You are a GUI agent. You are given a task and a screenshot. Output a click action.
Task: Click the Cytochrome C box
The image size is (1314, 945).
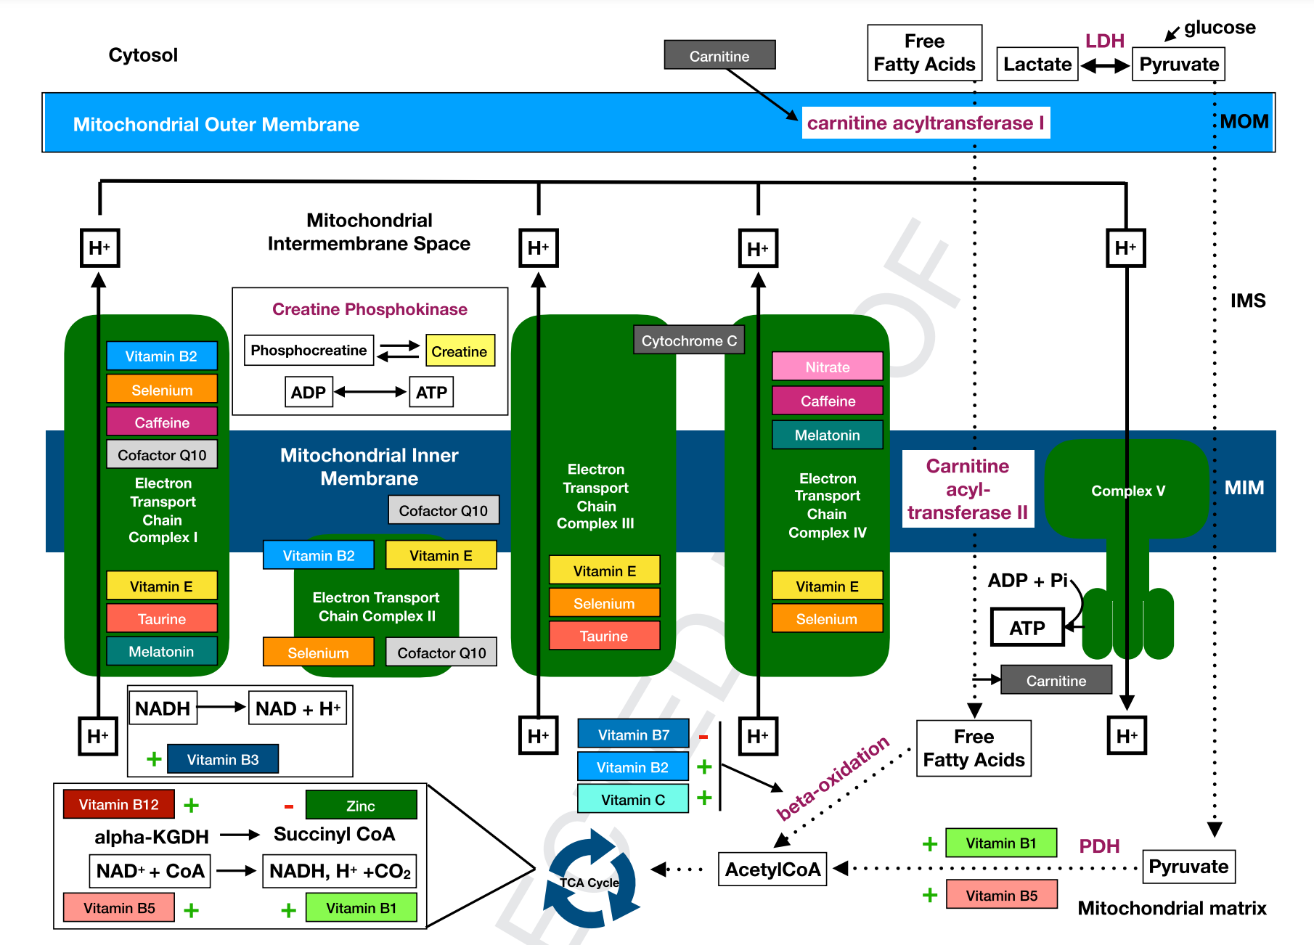[x=689, y=340]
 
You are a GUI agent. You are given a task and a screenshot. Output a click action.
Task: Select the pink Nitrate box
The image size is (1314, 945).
[x=828, y=367]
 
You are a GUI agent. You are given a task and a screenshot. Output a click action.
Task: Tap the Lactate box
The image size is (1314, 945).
[x=1037, y=64]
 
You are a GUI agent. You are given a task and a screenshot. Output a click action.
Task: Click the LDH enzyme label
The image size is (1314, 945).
[x=1105, y=41]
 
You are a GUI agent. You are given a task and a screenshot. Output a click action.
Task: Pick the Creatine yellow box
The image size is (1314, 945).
[x=460, y=351]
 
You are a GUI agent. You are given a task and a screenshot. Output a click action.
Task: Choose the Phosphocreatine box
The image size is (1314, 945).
[x=309, y=350]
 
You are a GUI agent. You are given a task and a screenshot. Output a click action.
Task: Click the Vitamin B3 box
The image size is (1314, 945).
[x=223, y=759]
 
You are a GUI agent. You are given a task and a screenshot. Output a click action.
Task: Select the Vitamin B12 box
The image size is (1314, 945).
[x=119, y=804]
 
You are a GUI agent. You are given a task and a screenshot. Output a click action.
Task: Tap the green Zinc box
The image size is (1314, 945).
[x=362, y=805]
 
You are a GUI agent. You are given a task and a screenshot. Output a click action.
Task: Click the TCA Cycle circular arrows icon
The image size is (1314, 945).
[x=590, y=880]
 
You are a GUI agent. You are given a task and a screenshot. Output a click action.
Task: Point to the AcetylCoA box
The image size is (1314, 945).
[x=772, y=869]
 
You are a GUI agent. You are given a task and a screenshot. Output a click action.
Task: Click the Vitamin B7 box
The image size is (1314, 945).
[x=633, y=734]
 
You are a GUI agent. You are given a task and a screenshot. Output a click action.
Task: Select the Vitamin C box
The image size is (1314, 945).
[x=633, y=798]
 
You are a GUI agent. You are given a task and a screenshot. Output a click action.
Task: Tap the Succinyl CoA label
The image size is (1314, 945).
[x=335, y=834]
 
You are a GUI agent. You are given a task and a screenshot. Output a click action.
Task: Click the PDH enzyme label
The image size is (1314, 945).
[x=1099, y=846]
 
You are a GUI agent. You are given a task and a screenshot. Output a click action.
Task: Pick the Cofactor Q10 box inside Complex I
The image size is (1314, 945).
[x=162, y=454]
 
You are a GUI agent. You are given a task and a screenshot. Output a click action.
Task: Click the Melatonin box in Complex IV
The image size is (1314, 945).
[x=828, y=435]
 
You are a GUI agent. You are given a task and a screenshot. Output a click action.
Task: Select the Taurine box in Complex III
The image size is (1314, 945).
[x=605, y=635]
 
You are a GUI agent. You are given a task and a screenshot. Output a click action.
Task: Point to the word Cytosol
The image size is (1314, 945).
[x=143, y=55]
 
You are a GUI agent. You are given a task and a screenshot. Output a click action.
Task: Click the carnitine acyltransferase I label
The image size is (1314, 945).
[x=926, y=123]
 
